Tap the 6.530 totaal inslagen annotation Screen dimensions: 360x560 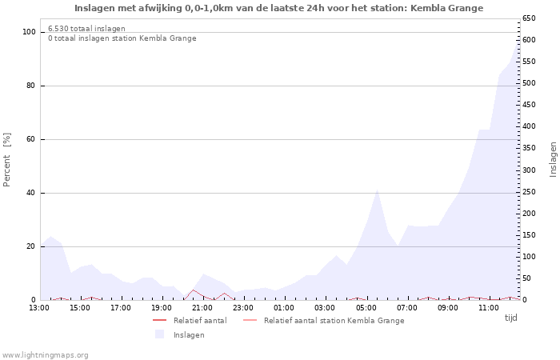(86, 29)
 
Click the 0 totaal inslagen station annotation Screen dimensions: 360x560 (122, 38)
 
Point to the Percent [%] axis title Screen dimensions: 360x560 (7, 160)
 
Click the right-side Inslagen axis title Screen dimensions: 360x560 (553, 159)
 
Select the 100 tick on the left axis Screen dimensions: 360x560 (30, 32)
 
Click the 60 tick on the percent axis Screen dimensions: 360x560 (32, 139)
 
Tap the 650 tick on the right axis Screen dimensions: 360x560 (530, 18)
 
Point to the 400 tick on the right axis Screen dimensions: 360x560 (530, 126)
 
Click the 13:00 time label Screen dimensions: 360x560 (38, 308)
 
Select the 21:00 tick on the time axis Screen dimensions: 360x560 (202, 308)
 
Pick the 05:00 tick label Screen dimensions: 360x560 (366, 308)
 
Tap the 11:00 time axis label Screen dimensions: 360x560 (489, 308)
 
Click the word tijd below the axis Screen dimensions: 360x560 (510, 318)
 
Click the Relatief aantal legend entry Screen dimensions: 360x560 (200, 321)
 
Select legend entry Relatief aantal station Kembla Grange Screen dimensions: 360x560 (334, 321)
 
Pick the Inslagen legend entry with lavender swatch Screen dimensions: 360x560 (189, 335)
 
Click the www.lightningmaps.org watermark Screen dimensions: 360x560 (45, 354)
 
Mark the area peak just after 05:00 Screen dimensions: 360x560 (377, 190)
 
